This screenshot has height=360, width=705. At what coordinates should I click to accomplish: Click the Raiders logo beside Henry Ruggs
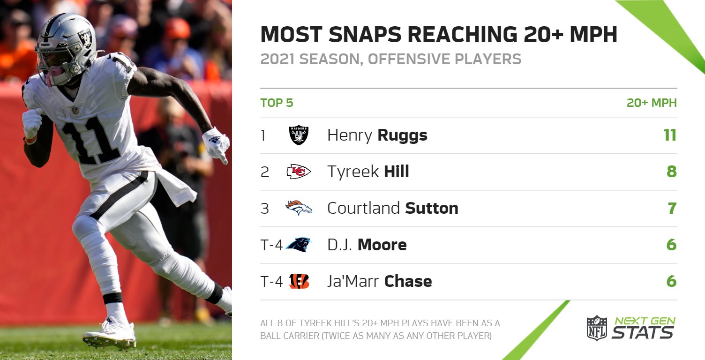point(299,135)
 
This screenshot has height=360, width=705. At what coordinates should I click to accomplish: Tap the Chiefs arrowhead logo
point(299,172)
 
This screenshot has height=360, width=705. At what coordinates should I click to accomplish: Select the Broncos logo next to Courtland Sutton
point(299,208)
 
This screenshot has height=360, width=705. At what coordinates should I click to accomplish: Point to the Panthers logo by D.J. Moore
point(299,244)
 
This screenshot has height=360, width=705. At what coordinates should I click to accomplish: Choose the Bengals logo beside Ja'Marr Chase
point(299,281)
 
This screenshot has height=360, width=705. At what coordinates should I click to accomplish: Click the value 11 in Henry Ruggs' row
point(670,135)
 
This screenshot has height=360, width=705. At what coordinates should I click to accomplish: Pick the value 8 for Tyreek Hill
point(672,172)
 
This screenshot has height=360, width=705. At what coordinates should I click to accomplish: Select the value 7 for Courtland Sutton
point(672,208)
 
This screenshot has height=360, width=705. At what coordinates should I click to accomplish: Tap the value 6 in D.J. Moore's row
point(672,245)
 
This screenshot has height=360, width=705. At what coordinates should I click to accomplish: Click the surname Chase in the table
point(408,281)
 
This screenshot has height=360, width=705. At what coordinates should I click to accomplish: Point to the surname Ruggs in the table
point(402,135)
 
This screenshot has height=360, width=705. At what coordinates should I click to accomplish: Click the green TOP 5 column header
point(277,103)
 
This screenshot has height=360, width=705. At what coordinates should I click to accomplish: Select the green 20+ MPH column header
point(652,103)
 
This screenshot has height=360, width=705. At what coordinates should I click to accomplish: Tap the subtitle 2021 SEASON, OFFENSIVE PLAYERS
point(390,60)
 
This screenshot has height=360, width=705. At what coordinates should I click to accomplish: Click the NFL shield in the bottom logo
point(597,328)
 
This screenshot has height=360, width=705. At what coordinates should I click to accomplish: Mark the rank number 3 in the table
point(265,208)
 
